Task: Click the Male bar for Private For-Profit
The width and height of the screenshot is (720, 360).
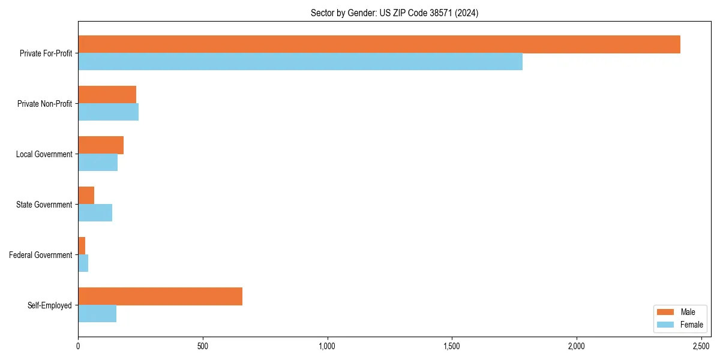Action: pyautogui.click(x=379, y=44)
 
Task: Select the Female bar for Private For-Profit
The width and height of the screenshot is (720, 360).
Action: pyautogui.click(x=300, y=62)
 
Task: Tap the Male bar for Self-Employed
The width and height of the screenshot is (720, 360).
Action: pyautogui.click(x=160, y=296)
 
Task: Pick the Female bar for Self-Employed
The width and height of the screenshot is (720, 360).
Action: pyautogui.click(x=97, y=314)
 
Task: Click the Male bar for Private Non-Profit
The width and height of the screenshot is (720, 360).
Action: pyautogui.click(x=107, y=95)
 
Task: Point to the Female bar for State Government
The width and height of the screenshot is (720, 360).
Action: pyautogui.click(x=95, y=213)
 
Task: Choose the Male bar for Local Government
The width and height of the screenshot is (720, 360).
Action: pyautogui.click(x=101, y=145)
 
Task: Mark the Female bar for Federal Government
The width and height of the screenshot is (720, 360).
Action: pyautogui.click(x=83, y=263)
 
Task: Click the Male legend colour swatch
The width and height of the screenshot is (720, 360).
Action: pyautogui.click(x=665, y=312)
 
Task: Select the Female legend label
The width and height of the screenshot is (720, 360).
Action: pyautogui.click(x=691, y=325)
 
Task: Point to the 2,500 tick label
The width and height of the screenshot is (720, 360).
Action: pyautogui.click(x=701, y=346)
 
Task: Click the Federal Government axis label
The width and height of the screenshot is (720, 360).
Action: pyautogui.click(x=41, y=255)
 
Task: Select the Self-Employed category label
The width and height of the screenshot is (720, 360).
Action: pyautogui.click(x=50, y=305)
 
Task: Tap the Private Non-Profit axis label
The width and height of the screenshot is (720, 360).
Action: pyautogui.click(x=45, y=104)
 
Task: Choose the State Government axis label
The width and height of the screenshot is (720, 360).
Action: pyautogui.click(x=44, y=205)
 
